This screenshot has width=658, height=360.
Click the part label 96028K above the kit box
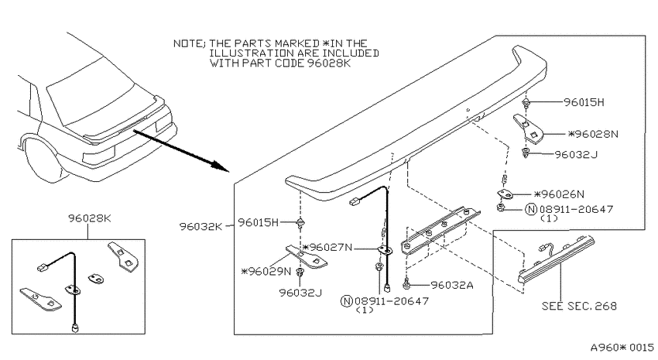pos(89,218)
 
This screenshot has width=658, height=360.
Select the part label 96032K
pos(200,227)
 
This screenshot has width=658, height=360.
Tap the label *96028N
pos(593,134)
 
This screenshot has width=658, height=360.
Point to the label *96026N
pos(559,194)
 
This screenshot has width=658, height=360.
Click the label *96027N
pos(327,248)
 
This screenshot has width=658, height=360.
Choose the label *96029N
pos(266,272)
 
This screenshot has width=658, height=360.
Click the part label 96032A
pos(452,286)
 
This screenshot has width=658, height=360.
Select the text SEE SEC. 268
pos(579,306)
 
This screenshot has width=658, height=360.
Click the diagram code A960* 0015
pos(622,348)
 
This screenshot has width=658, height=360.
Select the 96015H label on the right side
pos(584,102)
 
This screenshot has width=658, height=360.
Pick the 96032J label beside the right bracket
pos(576,155)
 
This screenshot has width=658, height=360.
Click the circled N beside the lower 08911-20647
pos(347,301)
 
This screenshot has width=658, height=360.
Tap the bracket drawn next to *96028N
pos(528,129)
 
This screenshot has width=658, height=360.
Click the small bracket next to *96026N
pos(505,194)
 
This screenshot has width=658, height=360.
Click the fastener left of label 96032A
pos(406,286)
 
